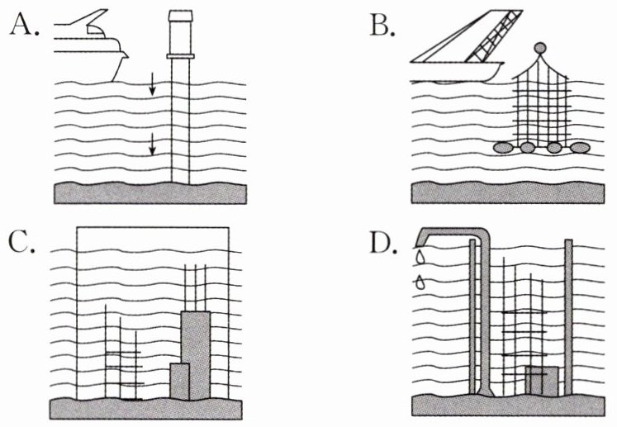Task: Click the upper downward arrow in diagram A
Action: (x=153, y=83)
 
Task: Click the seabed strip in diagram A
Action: (x=149, y=193)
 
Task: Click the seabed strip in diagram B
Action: (x=512, y=191)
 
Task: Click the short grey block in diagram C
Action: (x=179, y=380)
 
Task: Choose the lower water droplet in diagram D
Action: (x=422, y=282)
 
